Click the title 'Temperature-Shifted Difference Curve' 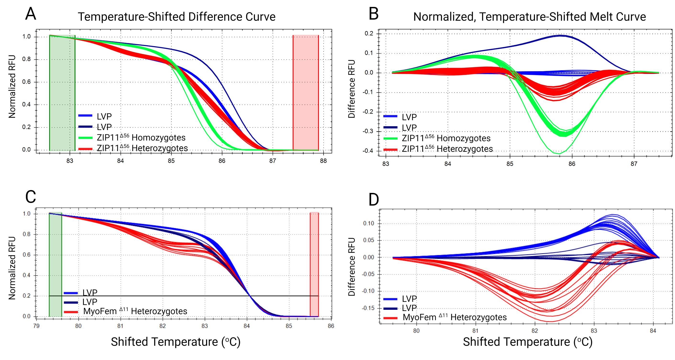[x=177, y=17]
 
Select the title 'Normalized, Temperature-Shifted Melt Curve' [x=529, y=17]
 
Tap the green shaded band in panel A [x=62, y=93]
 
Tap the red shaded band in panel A [x=306, y=93]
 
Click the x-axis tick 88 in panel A [x=323, y=161]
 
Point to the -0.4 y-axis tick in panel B [x=368, y=151]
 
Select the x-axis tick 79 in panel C [x=36, y=326]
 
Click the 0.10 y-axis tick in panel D [x=368, y=223]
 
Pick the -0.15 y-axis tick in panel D [x=368, y=308]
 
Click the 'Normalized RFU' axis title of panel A [x=12, y=87]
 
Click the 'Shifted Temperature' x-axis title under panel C [x=176, y=342]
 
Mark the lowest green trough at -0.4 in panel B [x=559, y=153]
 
